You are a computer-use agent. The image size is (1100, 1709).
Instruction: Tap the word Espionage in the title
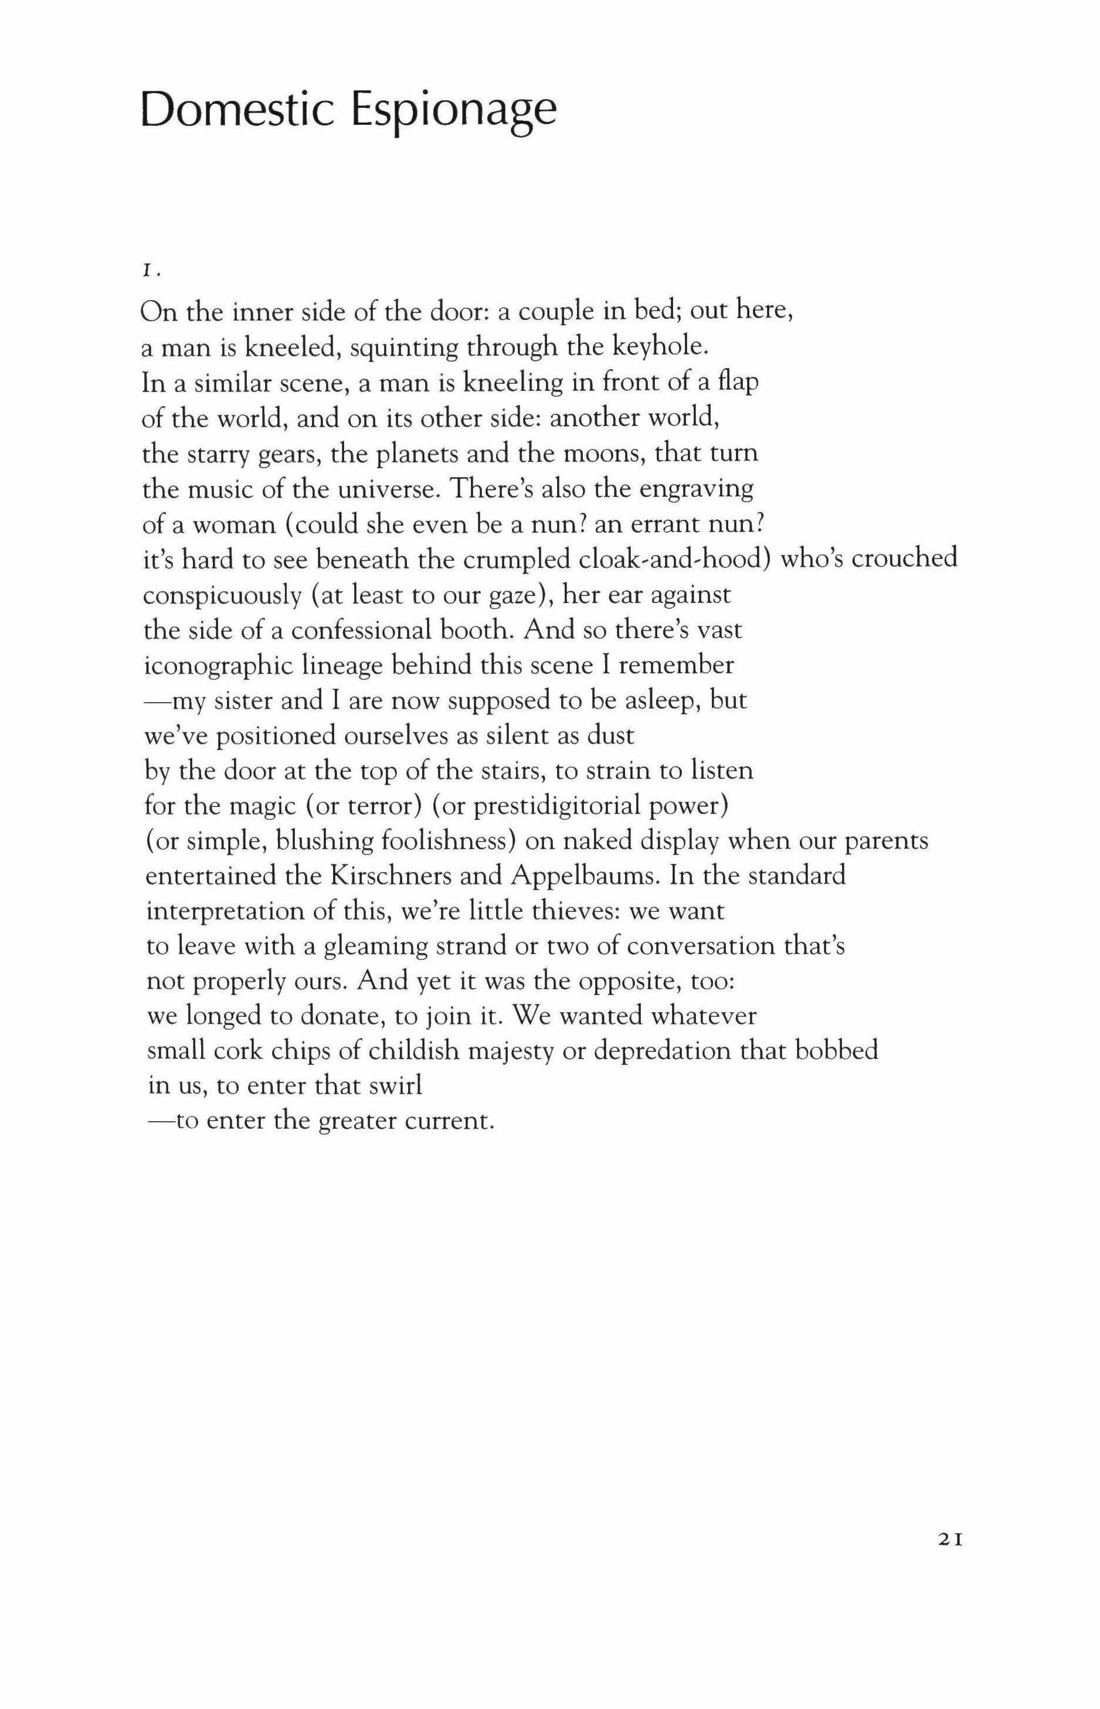point(454,113)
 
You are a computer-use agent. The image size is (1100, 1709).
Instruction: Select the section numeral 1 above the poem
point(146,271)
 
